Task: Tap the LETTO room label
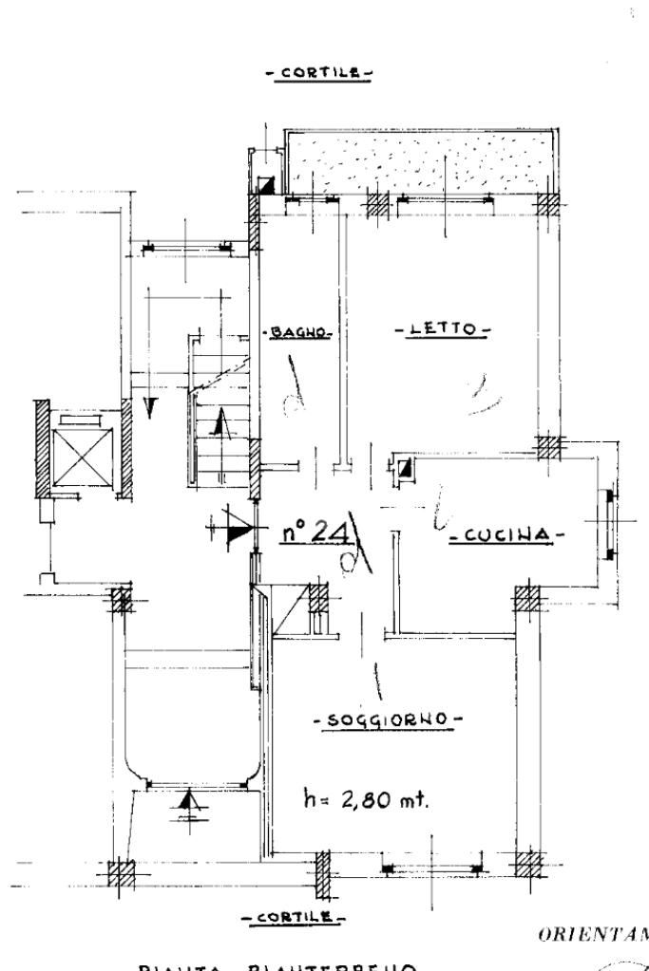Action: click(x=439, y=329)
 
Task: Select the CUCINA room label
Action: click(x=504, y=536)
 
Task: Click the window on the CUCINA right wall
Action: click(x=607, y=523)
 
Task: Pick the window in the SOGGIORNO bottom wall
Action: click(x=431, y=867)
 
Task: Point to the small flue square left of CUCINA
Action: click(x=403, y=468)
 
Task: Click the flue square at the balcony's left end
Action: click(x=268, y=185)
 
